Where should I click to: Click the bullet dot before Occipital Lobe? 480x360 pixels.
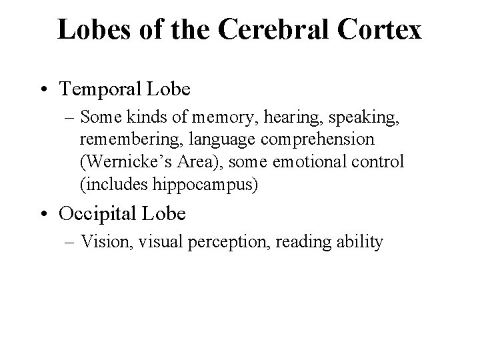[43, 215]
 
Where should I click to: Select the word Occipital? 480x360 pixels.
[99, 214]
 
